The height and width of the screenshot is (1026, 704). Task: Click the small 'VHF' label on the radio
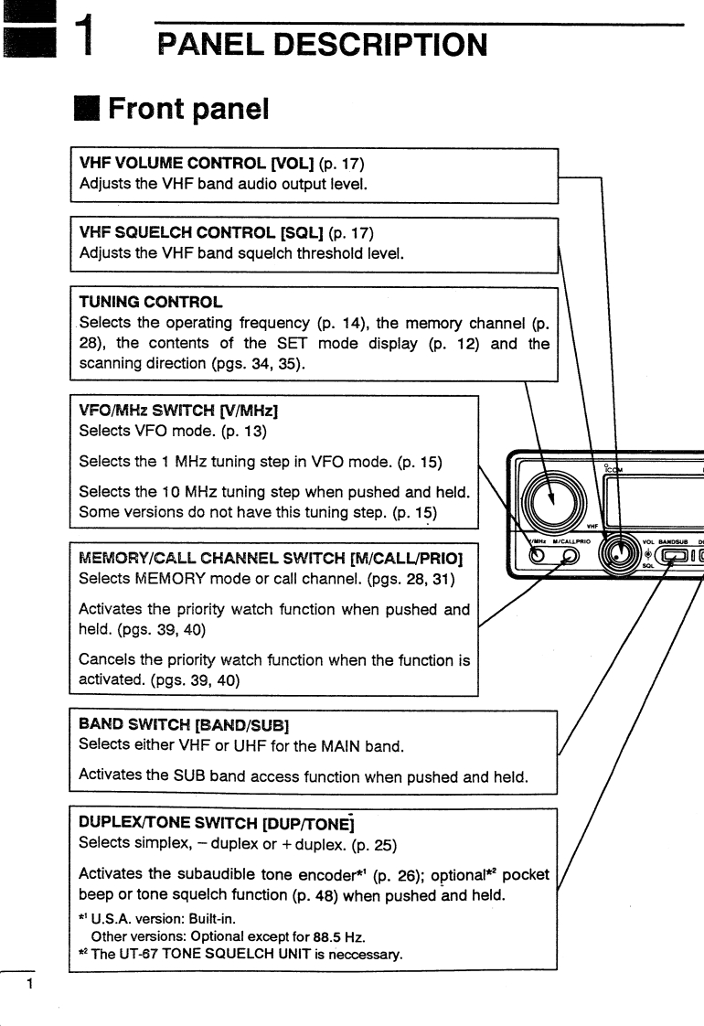tap(592, 526)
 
